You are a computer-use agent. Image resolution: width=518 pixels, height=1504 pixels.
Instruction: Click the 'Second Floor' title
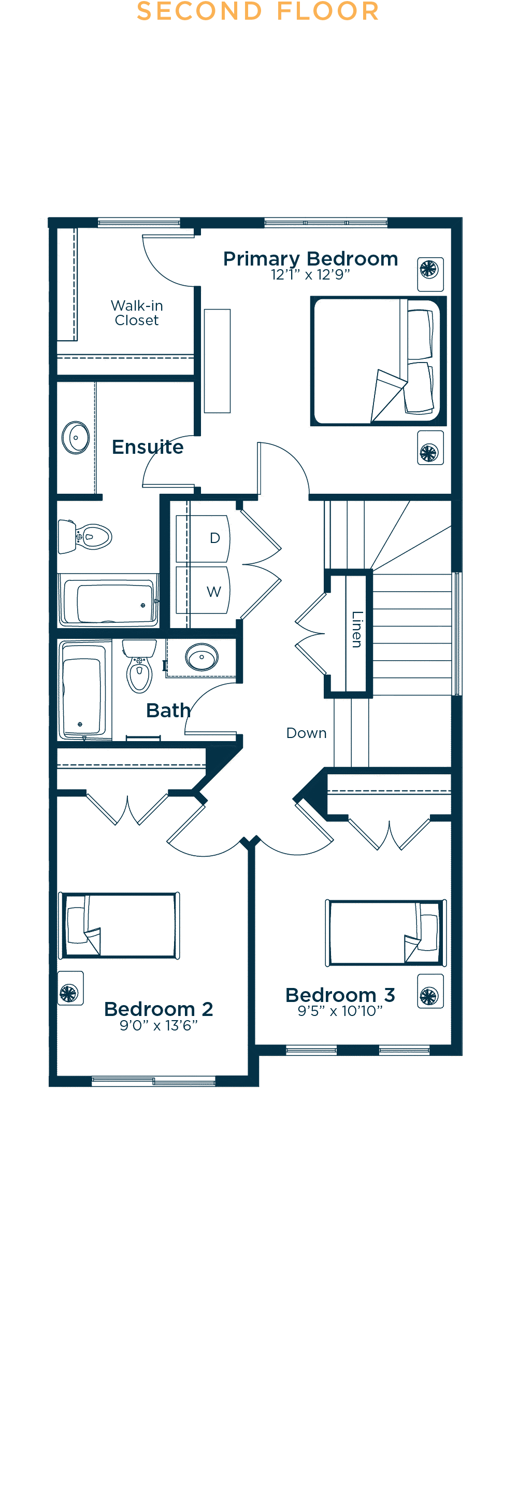[258, 11]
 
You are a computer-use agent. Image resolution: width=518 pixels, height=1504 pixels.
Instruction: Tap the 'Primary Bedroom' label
[310, 259]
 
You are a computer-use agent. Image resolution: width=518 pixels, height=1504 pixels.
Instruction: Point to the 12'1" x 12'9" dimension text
[310, 274]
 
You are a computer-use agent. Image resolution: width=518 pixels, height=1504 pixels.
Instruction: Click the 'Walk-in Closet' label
[137, 313]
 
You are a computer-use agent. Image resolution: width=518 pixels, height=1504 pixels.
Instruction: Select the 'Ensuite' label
[148, 447]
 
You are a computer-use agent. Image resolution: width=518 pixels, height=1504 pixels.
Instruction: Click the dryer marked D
[203, 538]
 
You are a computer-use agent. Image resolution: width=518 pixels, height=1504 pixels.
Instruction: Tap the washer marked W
[203, 590]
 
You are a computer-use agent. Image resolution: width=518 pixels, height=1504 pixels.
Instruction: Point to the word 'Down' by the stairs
[306, 733]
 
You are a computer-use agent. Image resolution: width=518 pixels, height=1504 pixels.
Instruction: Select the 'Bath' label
[168, 711]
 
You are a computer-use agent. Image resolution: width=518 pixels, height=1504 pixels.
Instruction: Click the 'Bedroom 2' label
[159, 1009]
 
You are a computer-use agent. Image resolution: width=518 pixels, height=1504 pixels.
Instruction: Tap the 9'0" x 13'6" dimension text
[159, 1026]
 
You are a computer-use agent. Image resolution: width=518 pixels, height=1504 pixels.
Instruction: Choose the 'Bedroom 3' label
[340, 995]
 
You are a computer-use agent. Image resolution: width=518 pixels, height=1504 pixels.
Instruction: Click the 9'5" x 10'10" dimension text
[340, 1011]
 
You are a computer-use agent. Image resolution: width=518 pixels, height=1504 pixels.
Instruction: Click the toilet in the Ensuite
[85, 536]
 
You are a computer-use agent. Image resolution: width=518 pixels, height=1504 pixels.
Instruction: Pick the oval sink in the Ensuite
[76, 437]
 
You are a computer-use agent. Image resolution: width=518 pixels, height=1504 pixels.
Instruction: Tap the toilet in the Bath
[139, 666]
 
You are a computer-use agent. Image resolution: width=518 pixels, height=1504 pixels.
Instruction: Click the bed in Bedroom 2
[119, 925]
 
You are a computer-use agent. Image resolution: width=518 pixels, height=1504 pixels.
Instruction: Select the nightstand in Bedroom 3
[430, 992]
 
